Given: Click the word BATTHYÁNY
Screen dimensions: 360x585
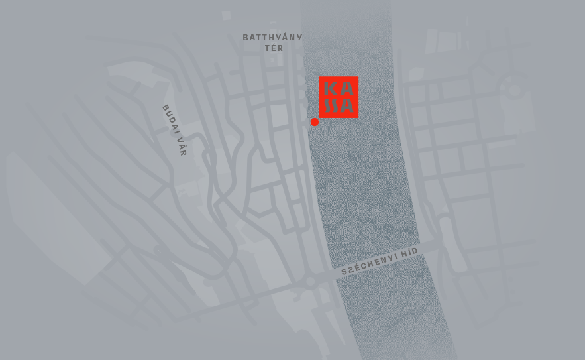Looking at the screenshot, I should coord(272,38).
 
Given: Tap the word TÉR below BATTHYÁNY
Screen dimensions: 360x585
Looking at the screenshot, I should coord(274,48).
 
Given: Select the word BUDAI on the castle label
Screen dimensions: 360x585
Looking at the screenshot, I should coord(169,117).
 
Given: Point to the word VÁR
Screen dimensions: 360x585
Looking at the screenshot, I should coord(181,145).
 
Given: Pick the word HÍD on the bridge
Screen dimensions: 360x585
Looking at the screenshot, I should coord(409,251).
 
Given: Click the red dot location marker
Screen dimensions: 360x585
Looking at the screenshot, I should coord(315,121).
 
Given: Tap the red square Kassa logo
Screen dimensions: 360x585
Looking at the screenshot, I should coord(339,97).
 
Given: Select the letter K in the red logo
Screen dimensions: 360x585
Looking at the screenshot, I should coord(330,88).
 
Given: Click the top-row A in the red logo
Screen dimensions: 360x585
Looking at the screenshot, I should coord(346,88).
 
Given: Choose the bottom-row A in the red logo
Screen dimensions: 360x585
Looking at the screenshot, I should coord(346,105).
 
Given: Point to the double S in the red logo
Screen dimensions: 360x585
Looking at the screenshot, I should coord(330,105).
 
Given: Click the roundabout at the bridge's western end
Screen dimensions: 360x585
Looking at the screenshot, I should coord(310,281).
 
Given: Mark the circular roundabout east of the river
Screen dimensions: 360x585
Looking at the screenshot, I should coord(515,90).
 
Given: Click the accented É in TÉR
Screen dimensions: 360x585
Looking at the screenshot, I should coord(274,48).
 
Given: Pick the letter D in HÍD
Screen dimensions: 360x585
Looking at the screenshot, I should coord(415,249).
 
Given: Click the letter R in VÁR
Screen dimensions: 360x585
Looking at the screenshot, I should coord(183,152).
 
